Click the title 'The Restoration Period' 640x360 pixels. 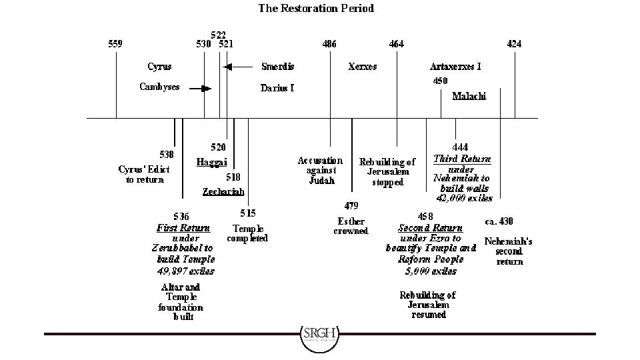316,9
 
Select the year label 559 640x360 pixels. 115,44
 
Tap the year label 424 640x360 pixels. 514,44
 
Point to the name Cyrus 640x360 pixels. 159,66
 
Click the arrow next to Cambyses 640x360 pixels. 200,88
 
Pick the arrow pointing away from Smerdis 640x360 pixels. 237,66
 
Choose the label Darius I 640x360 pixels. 277,88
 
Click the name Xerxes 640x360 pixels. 363,66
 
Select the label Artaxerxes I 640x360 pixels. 455,66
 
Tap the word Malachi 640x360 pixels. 469,96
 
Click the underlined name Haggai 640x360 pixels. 212,162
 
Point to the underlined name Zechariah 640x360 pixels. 223,191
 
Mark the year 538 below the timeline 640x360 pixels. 167,155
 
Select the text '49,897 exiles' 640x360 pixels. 185,271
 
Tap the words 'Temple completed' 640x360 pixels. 247,233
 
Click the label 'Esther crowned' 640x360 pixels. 351,226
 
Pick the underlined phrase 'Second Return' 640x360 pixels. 430,228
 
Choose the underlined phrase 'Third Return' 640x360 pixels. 462,159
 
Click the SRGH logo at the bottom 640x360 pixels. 319,334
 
